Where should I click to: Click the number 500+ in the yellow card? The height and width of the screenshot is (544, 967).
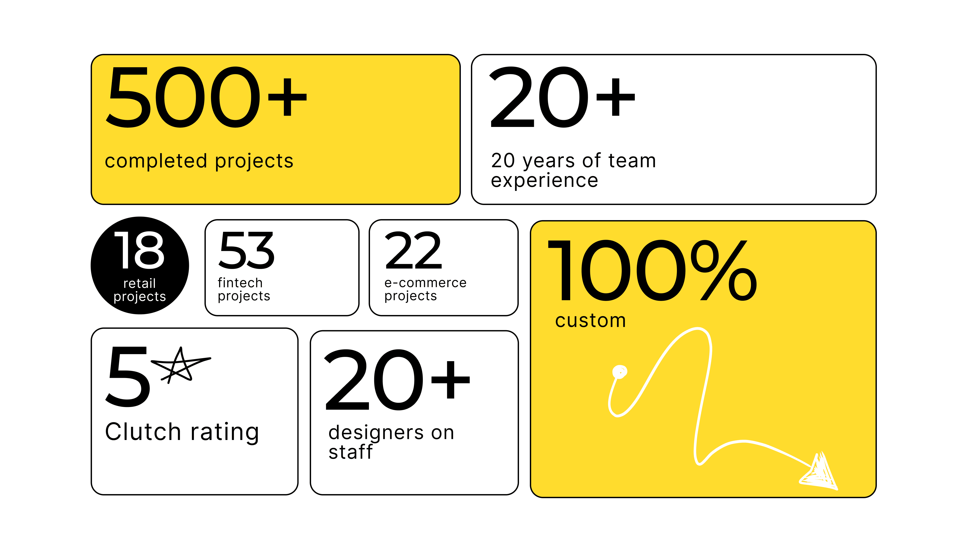(206, 97)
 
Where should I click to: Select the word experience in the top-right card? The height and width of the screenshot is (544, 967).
(544, 181)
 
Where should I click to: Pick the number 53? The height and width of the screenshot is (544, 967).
(246, 250)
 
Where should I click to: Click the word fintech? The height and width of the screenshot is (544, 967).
(240, 282)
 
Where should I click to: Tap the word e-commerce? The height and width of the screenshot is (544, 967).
(425, 282)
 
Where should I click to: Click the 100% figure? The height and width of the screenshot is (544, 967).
(652, 270)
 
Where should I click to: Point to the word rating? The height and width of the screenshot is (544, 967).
(224, 432)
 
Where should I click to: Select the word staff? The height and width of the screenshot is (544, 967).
(350, 452)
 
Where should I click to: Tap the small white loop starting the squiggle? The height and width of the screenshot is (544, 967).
(619, 372)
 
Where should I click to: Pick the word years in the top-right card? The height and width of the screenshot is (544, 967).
(548, 161)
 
